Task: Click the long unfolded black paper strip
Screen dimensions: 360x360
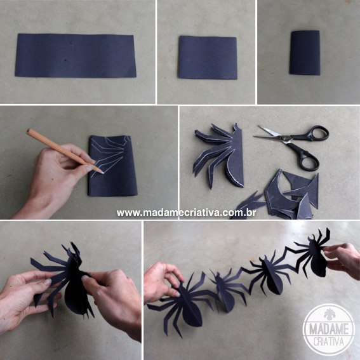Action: tap(76, 55)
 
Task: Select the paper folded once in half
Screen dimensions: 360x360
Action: tap(207, 57)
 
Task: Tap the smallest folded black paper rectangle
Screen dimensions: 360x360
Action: tap(305, 53)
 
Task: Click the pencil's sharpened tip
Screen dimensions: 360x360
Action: tap(102, 171)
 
